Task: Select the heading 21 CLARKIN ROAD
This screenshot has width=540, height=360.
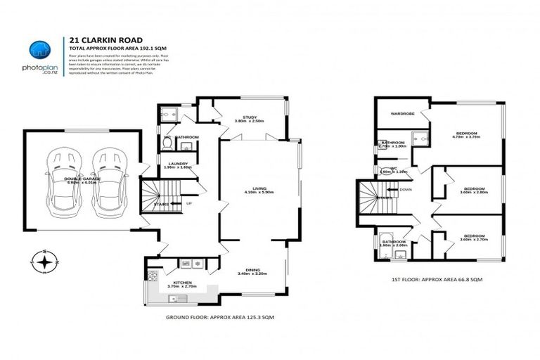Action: tap(95, 40)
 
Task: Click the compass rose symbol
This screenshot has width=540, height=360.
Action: tap(46, 262)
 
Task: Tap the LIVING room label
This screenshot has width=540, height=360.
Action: tap(259, 189)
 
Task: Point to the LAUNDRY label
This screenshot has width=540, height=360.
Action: tap(177, 165)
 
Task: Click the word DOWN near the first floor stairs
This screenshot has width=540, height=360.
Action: tap(405, 189)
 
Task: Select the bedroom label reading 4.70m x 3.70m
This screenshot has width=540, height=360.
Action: tap(467, 135)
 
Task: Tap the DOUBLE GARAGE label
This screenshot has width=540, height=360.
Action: tap(82, 181)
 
